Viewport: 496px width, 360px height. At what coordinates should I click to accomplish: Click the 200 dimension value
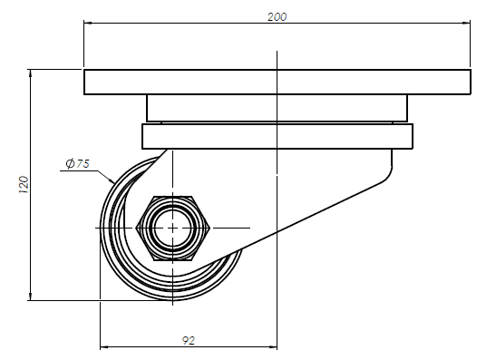click(x=277, y=16)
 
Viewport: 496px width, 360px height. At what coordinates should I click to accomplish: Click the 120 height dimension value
click(x=24, y=185)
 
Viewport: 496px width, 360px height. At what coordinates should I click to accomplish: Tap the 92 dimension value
click(x=189, y=340)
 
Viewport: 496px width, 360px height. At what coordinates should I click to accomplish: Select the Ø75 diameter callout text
click(x=78, y=163)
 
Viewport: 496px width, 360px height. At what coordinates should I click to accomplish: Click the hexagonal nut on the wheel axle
click(x=172, y=229)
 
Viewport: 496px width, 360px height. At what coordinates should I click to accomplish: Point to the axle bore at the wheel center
click(x=172, y=229)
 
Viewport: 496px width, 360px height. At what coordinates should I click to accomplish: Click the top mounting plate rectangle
click(x=277, y=82)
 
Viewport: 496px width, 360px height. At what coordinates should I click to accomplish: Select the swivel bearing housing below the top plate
click(x=277, y=108)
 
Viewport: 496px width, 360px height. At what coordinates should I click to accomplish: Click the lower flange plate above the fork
click(x=277, y=136)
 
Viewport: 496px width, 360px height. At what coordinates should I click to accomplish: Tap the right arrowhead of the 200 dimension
click(x=466, y=23)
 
